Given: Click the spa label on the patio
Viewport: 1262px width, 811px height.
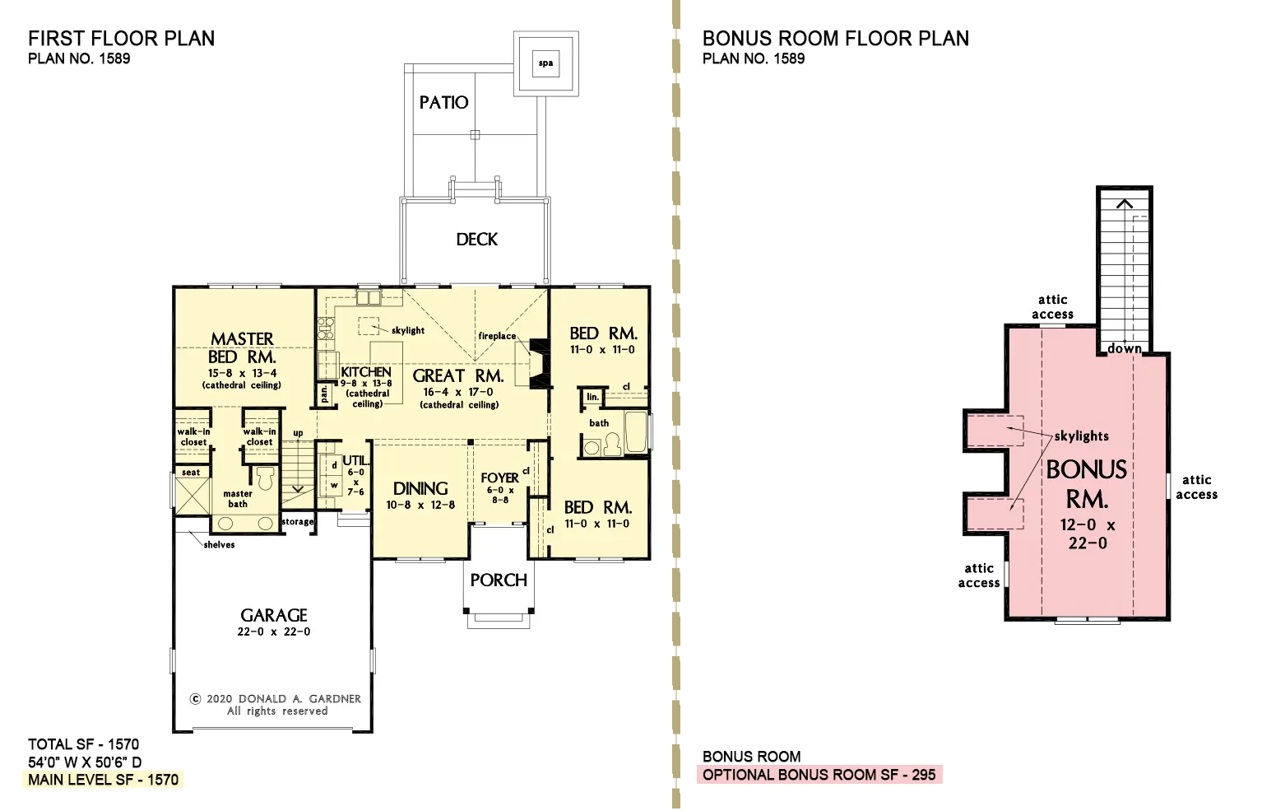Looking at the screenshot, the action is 545,63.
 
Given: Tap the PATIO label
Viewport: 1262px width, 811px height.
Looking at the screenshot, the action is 444,103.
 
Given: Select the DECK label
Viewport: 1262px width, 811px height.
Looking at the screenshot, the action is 476,240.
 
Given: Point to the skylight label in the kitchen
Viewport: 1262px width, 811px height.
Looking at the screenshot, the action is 408,330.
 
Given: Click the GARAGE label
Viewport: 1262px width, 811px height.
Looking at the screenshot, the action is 274,615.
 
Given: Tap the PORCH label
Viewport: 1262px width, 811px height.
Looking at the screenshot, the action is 499,580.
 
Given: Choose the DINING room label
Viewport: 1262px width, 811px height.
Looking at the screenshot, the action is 420,488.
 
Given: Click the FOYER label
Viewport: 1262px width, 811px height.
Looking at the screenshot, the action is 499,478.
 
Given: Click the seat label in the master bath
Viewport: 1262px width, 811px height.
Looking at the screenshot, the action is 191,473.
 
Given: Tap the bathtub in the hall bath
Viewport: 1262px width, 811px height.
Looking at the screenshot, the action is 635,432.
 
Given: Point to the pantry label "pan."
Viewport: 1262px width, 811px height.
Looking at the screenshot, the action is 324,394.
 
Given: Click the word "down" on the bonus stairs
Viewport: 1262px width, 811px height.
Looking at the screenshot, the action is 1125,348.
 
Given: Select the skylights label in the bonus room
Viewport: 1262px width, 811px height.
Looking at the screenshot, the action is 1081,436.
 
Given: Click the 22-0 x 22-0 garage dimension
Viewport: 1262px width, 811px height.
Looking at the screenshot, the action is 274,632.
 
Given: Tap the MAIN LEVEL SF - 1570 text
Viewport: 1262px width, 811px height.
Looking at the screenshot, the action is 103,780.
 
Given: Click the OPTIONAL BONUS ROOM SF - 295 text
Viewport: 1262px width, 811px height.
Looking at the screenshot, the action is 819,775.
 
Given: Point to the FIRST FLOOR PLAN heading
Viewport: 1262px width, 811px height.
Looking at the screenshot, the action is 121,39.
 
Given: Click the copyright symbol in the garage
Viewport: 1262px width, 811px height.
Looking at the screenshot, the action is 195,699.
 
